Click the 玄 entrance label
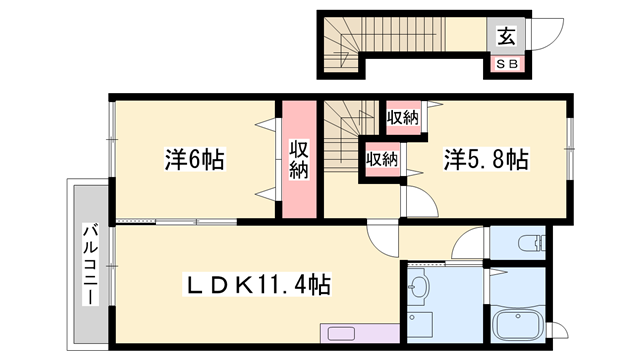coord(506,38)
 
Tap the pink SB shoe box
coord(506,65)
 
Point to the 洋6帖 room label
coord(194,159)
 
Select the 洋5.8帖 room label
coord(486,159)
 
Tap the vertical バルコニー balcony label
coord(89,262)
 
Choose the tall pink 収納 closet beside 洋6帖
coord(299,160)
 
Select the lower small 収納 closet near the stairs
coord(382,158)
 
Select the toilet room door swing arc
coord(470,245)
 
